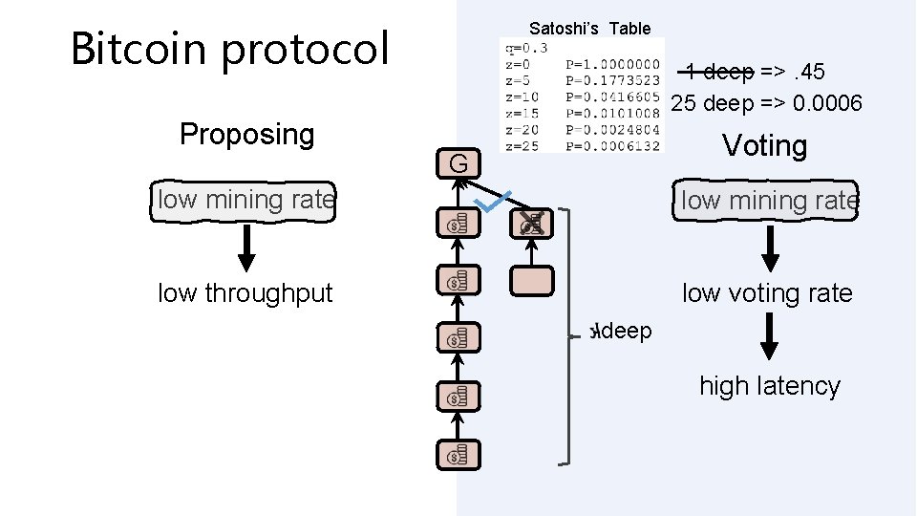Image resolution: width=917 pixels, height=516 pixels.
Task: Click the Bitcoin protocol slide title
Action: click(230, 48)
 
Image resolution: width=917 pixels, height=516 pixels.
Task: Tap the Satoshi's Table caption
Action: click(589, 29)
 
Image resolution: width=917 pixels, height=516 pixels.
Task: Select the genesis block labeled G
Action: click(458, 163)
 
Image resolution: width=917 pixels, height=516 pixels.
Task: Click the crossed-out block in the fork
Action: click(532, 224)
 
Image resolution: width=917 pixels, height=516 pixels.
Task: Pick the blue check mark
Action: click(493, 203)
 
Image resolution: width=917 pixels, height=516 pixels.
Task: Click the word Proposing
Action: click(246, 135)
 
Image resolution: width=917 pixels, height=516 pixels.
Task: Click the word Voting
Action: click(764, 145)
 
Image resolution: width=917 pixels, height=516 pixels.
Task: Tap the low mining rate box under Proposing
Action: click(246, 200)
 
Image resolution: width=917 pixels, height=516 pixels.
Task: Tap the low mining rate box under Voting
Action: click(770, 200)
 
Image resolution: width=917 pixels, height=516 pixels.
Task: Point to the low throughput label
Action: click(245, 292)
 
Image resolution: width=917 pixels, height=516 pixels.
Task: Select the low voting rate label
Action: click(767, 292)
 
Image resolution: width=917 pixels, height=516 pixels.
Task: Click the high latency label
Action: click(770, 386)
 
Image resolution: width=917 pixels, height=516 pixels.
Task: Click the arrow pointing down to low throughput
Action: click(246, 248)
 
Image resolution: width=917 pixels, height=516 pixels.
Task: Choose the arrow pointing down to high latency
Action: click(770, 338)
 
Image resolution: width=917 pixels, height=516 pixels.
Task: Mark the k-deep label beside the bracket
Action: click(622, 332)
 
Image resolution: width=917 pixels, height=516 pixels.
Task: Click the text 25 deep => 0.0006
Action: click(766, 103)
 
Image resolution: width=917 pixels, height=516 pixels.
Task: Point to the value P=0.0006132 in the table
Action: click(612, 146)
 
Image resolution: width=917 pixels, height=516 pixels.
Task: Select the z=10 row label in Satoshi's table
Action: click(522, 97)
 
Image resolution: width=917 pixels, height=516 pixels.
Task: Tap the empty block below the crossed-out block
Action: click(532, 280)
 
